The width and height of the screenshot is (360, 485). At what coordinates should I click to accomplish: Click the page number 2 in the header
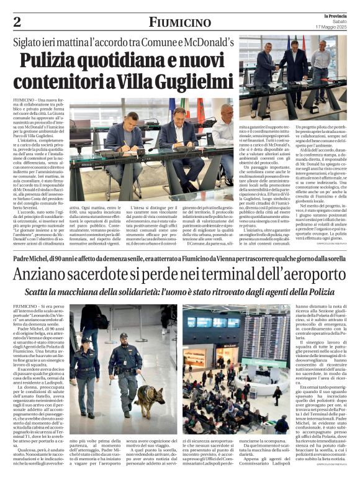click(x=17, y=22)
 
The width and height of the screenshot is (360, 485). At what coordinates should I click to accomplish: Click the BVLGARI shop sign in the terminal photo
click(x=213, y=345)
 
